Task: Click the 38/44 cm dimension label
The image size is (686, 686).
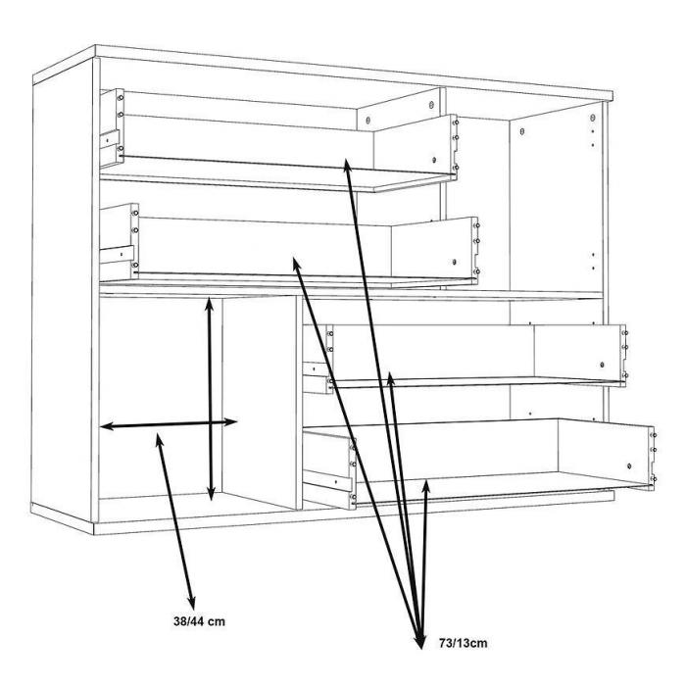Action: point(199,621)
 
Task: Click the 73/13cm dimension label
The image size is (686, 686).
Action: point(463,643)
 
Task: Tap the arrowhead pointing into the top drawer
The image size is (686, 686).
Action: point(347,166)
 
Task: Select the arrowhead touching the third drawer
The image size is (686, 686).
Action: point(391,378)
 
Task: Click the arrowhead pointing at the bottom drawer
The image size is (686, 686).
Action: point(425,486)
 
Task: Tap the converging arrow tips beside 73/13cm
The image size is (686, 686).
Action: point(420,640)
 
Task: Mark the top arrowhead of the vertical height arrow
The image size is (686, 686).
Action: point(209,304)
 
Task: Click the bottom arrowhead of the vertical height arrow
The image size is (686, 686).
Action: point(211,494)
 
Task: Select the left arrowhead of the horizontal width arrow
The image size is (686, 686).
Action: point(107,425)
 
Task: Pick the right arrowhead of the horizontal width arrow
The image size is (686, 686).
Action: point(230,422)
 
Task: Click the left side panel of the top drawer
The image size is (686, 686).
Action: point(112,127)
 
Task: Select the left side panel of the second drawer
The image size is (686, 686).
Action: point(119,242)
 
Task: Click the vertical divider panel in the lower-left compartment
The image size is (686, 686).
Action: point(262,403)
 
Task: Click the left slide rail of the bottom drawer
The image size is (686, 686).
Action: point(328,479)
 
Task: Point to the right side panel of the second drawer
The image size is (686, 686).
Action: point(434,250)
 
